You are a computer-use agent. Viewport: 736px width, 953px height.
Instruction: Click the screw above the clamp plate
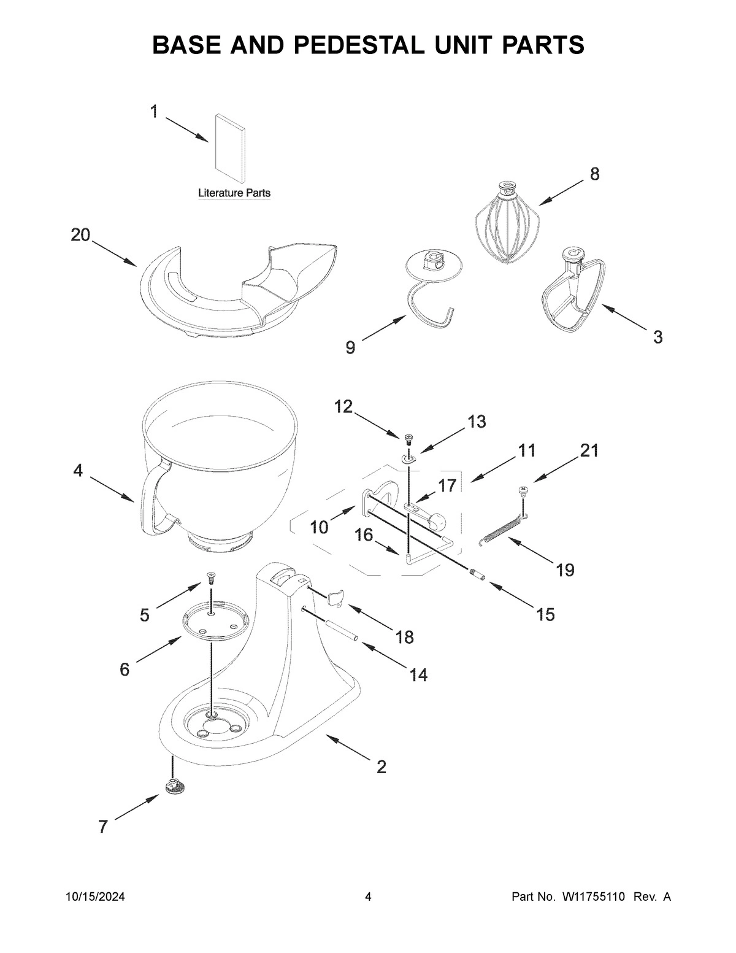coord(211,576)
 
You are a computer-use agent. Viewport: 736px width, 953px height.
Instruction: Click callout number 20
coord(80,234)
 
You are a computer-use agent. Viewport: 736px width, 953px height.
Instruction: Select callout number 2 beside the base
coord(381,766)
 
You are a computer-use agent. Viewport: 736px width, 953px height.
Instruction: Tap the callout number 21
coord(589,450)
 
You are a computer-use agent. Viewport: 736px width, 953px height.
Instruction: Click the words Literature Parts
coord(234,193)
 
